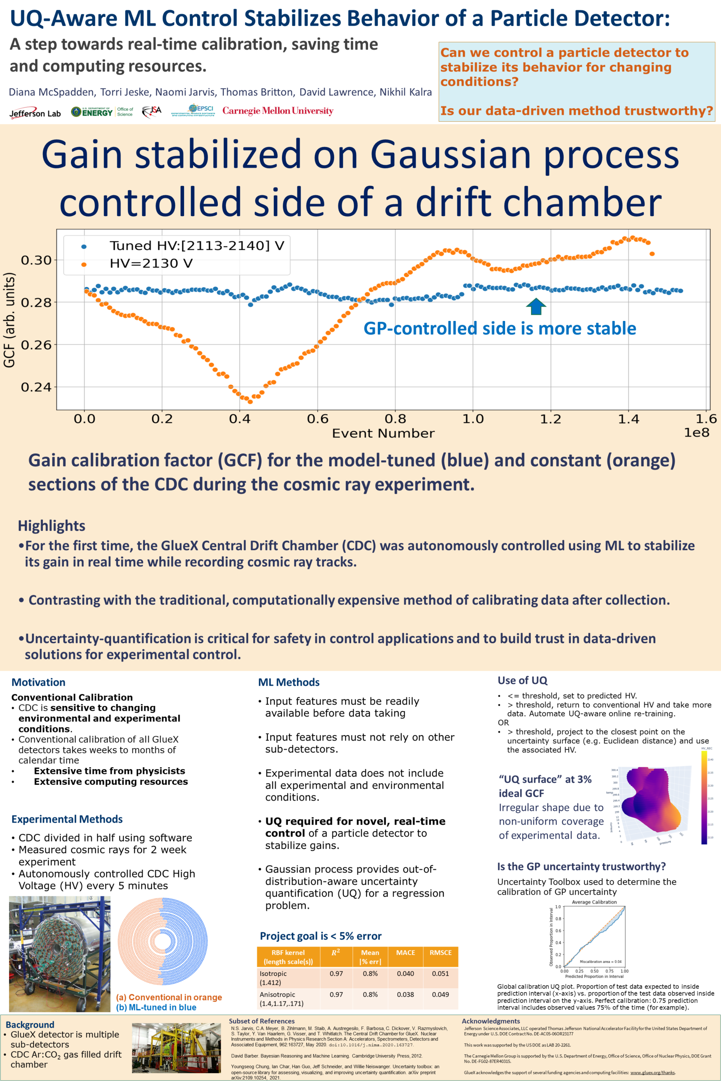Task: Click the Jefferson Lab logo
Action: (x=35, y=113)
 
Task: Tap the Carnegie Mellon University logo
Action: (x=278, y=111)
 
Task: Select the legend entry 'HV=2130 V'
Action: (x=151, y=263)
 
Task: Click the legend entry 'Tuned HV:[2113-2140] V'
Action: (x=196, y=245)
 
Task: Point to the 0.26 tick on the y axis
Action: (x=36, y=345)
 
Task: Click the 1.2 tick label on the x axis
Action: (x=551, y=419)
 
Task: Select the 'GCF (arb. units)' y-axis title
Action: (x=9, y=320)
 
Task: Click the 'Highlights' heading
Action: (x=51, y=525)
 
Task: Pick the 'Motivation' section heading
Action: (x=38, y=682)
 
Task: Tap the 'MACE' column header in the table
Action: (x=406, y=953)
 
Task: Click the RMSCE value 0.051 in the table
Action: (x=440, y=973)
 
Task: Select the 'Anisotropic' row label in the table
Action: (x=277, y=994)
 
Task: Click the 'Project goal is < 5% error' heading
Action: (x=320, y=936)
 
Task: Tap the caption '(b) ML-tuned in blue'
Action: (x=156, y=1007)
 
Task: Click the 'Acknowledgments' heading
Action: (x=491, y=1021)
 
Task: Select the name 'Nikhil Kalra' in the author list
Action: (x=406, y=92)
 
